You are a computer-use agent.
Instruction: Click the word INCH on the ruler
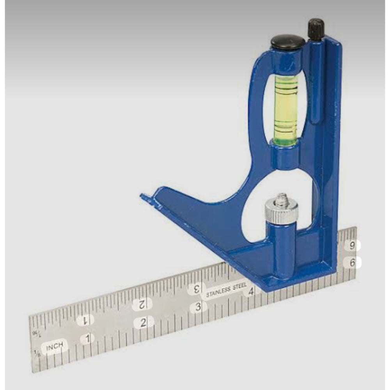[55, 347]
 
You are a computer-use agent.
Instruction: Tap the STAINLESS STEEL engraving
[226, 290]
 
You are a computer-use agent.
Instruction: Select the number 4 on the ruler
[251, 291]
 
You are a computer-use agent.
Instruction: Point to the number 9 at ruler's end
[352, 246]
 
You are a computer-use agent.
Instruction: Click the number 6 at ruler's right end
[352, 262]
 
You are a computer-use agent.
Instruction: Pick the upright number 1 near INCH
[87, 339]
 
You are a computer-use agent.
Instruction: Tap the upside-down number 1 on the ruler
[85, 320]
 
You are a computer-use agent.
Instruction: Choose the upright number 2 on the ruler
[143, 323]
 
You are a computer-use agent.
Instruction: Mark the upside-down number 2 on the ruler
[142, 304]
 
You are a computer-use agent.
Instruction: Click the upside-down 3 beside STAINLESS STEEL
[196, 289]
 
